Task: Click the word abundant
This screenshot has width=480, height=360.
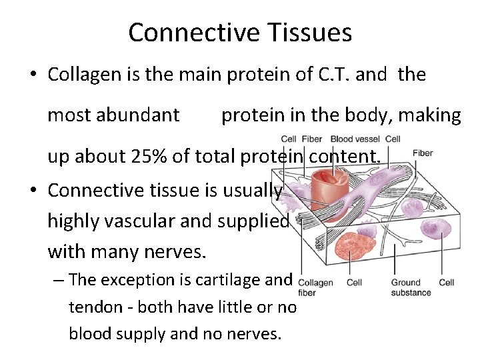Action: (138, 115)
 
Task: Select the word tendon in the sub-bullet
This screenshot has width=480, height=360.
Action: (90, 307)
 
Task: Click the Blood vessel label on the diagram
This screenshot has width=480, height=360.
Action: (356, 139)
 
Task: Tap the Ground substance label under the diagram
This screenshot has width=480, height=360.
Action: (411, 287)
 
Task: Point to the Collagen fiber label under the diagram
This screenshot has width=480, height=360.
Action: (315, 287)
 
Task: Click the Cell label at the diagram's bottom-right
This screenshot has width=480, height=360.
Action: (447, 283)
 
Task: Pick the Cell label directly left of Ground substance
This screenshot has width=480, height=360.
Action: (355, 283)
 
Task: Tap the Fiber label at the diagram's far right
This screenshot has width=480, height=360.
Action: (423, 153)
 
